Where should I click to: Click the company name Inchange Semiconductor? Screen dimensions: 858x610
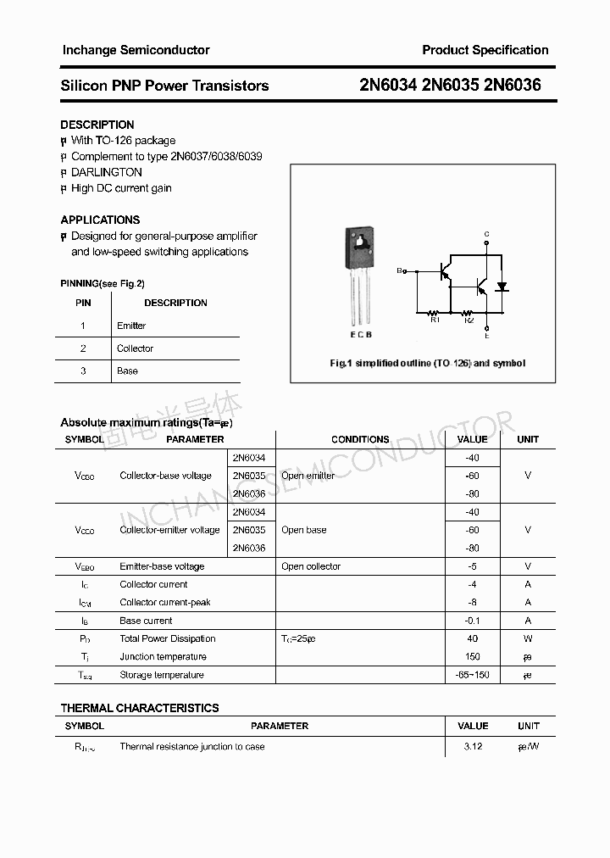pyautogui.click(x=136, y=50)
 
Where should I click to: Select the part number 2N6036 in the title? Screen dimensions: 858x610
pyautogui.click(x=512, y=86)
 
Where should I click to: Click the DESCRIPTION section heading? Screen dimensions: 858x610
pyautogui.click(x=97, y=125)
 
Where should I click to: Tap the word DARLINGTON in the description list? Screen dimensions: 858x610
pyautogui.click(x=106, y=172)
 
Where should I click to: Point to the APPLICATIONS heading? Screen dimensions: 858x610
pyautogui.click(x=100, y=220)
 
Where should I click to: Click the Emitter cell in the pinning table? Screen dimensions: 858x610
pyautogui.click(x=131, y=326)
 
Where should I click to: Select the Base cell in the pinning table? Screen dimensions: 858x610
pyautogui.click(x=127, y=371)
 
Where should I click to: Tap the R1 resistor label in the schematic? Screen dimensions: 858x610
pyautogui.click(x=435, y=320)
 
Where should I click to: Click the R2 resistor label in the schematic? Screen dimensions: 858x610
pyautogui.click(x=469, y=320)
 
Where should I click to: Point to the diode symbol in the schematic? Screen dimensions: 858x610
pyautogui.click(x=502, y=287)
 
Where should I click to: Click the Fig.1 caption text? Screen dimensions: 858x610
pyautogui.click(x=427, y=363)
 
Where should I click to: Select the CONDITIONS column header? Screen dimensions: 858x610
pyautogui.click(x=360, y=439)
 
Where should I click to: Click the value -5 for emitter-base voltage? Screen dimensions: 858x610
pyautogui.click(x=473, y=566)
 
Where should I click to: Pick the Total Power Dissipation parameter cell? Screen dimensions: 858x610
pyautogui.click(x=168, y=639)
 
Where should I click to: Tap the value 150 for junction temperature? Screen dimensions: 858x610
pyautogui.click(x=473, y=657)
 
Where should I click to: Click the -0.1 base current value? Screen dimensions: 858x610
pyautogui.click(x=473, y=621)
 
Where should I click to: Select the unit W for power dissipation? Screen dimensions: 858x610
pyautogui.click(x=528, y=639)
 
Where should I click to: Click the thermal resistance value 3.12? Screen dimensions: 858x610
pyautogui.click(x=473, y=747)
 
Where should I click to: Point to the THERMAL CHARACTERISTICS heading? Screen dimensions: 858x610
pyautogui.click(x=140, y=708)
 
